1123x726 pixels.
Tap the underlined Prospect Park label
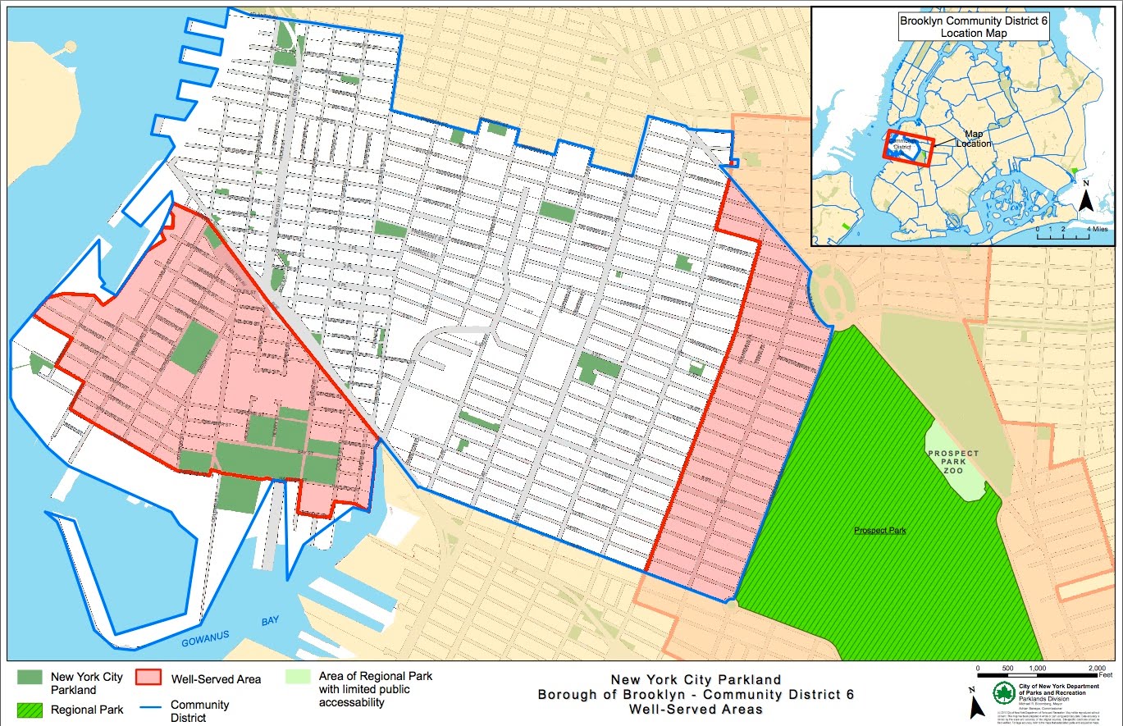click(879, 531)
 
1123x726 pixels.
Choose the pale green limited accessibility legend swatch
click(297, 678)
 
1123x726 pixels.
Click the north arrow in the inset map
click(1085, 198)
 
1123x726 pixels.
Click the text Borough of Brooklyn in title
click(606, 694)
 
